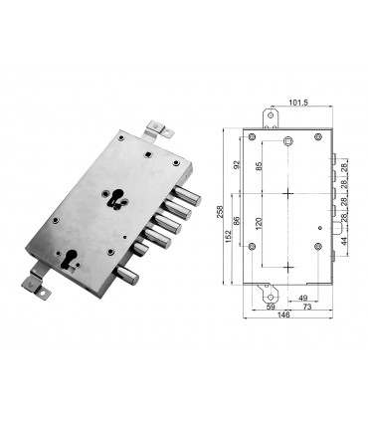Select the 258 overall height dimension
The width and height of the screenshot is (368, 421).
click(221, 213)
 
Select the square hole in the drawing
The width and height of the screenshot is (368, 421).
click(286, 142)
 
